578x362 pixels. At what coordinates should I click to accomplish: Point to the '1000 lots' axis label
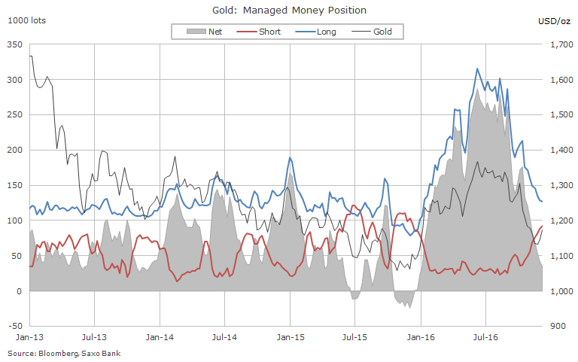coord(26,20)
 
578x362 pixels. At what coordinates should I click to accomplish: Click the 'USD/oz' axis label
coord(555,20)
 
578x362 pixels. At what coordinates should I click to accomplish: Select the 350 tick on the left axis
coord(13,45)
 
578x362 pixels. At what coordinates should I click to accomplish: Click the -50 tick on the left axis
coord(13,327)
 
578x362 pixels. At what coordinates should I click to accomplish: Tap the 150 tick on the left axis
coord(13,186)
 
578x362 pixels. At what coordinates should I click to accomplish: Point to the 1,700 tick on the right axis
coord(562,45)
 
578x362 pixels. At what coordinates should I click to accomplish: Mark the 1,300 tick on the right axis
coord(562,186)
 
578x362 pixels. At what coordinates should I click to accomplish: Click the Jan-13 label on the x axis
coord(29,339)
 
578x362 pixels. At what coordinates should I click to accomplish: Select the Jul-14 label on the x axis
coord(225,339)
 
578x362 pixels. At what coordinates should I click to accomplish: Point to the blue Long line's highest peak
coord(477,68)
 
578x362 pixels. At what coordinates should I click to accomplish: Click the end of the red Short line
coord(543,226)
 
